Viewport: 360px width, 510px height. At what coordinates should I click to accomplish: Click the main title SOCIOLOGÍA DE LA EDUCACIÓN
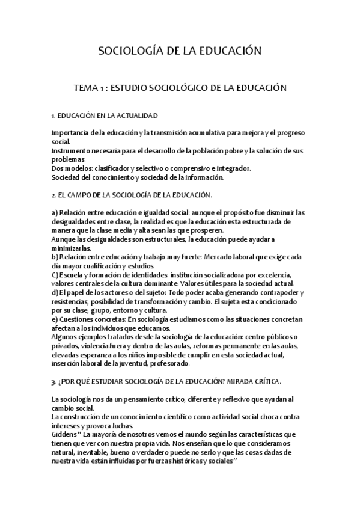tap(180, 51)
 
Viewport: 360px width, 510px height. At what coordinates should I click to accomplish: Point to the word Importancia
tap(71, 132)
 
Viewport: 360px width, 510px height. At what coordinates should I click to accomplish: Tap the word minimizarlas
tap(71, 248)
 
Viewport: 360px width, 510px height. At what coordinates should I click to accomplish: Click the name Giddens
tap(64, 435)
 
